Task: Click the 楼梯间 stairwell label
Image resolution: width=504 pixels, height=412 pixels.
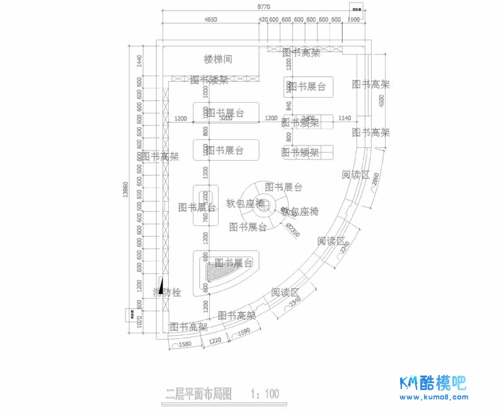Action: click(218, 59)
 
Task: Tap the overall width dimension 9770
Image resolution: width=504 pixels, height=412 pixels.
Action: click(263, 6)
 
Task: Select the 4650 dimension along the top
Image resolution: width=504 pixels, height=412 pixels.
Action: click(210, 20)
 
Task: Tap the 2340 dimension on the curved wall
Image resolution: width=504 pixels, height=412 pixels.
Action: click(294, 304)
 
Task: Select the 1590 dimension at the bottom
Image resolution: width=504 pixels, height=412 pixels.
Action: click(243, 331)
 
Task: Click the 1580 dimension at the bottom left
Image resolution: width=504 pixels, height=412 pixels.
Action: click(185, 345)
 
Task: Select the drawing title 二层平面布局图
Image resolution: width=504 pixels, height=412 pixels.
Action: click(198, 395)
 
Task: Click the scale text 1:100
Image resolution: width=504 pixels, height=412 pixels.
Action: click(265, 395)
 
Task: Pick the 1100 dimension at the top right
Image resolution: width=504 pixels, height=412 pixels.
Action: click(353, 20)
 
